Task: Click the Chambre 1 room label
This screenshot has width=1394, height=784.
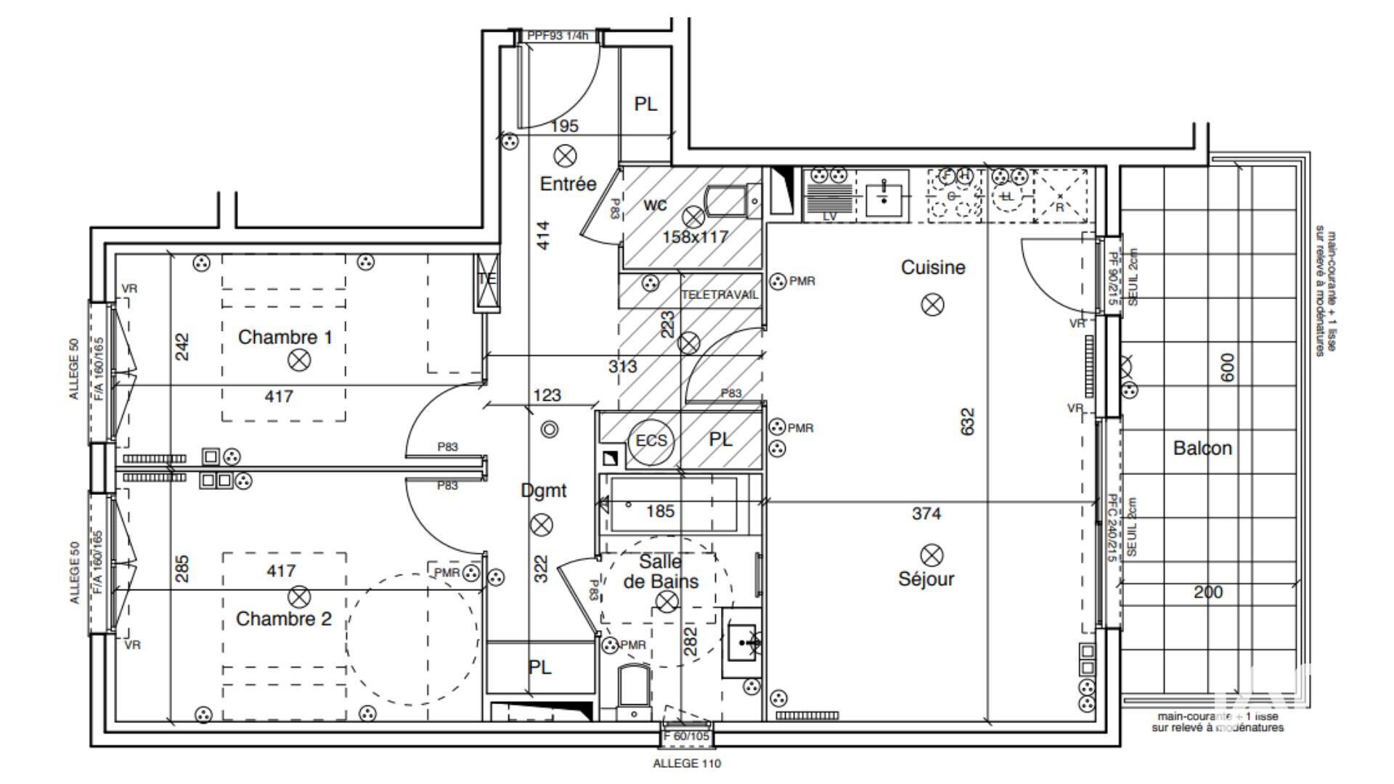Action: pos(285,337)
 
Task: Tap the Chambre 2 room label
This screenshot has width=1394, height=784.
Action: pos(283,618)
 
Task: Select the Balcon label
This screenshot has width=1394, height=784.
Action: pos(1202,448)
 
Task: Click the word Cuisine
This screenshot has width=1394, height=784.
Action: pos(933,267)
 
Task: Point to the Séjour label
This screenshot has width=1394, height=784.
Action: pos(926,579)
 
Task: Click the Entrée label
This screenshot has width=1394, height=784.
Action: pos(568,184)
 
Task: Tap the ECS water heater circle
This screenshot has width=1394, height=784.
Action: pos(651,441)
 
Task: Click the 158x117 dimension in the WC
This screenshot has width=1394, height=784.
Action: pos(695,237)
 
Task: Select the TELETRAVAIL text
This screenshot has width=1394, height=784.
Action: pos(720,295)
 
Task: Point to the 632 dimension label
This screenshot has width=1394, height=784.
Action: pos(967,422)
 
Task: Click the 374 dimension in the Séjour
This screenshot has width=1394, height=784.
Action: pos(926,514)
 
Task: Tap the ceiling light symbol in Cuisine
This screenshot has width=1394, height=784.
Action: pos(932,305)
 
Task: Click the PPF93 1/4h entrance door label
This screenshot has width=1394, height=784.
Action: pos(557,36)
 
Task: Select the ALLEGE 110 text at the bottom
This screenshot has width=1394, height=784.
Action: pos(687,764)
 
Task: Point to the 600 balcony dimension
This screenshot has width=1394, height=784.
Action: pos(1227,368)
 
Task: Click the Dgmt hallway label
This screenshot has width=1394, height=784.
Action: pos(544,491)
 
